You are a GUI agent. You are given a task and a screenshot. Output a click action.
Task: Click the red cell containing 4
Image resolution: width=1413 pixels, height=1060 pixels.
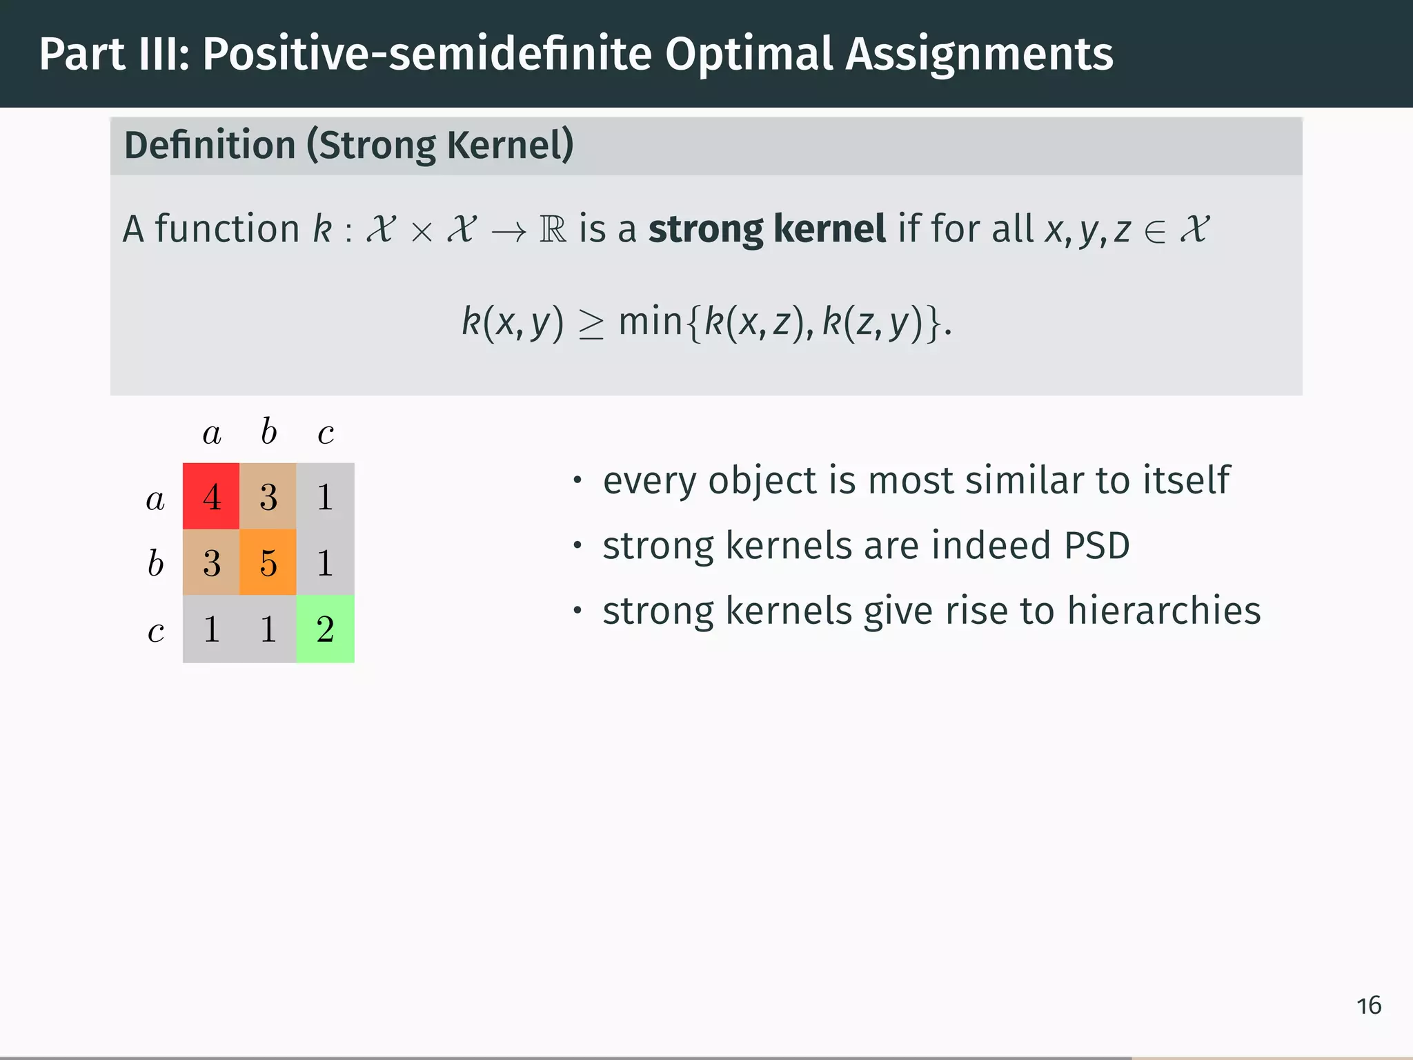pos(211,496)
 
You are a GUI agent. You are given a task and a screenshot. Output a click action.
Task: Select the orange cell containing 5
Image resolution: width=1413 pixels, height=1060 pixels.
pos(268,562)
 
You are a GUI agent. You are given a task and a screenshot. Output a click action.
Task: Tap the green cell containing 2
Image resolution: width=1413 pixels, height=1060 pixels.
pos(325,629)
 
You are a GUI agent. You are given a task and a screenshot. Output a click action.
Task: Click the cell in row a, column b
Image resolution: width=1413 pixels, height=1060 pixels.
pos(268,496)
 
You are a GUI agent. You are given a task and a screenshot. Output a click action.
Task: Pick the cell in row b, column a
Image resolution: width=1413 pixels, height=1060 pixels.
pos(211,562)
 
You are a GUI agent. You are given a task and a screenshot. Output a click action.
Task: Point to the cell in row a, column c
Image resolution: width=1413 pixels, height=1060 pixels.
pos(325,496)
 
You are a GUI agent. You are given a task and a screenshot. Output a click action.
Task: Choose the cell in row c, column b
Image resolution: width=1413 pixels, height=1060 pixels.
pos(268,629)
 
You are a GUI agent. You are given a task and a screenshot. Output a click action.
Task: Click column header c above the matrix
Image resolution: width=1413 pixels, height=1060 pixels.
pos(326,433)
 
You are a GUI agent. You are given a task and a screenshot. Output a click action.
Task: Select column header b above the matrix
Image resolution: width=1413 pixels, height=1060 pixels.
pos(268,432)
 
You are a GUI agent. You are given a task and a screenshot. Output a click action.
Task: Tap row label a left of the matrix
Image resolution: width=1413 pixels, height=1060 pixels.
pos(155,499)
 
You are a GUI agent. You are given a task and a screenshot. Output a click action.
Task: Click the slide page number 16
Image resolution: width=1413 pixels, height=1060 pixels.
pos(1368,1005)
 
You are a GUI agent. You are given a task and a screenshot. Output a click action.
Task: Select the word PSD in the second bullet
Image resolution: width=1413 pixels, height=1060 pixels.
pos(1096,545)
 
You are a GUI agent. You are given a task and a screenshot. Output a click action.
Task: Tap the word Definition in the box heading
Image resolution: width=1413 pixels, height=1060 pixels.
pos(210,146)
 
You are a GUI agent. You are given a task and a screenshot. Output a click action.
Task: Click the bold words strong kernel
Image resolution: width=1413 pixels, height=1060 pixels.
pos(767,229)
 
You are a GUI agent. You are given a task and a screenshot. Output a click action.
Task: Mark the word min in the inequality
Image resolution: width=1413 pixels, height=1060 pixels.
pos(650,322)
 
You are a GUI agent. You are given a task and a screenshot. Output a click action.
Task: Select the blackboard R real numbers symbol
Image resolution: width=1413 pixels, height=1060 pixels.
pos(553,230)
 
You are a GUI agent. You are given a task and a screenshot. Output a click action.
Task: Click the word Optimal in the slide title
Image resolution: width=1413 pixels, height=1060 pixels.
pos(749,54)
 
